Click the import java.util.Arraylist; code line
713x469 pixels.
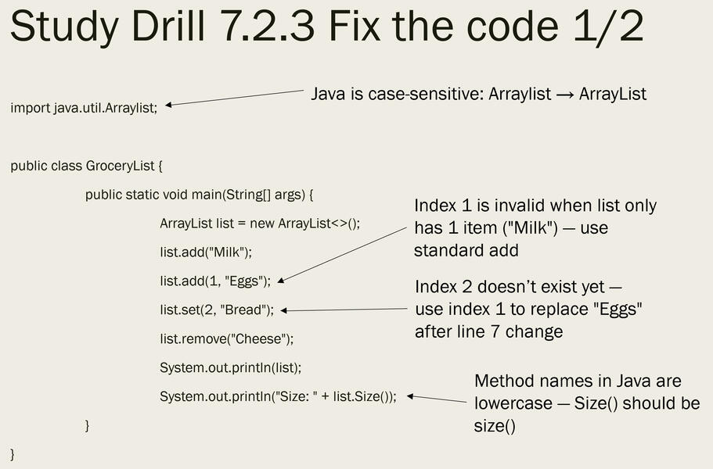coord(84,107)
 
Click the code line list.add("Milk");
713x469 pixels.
coord(206,252)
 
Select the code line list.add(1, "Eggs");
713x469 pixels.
coord(215,281)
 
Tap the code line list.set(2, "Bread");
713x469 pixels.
coord(217,310)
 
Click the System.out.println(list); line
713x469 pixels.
coord(230,367)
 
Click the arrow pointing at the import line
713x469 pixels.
coord(235,98)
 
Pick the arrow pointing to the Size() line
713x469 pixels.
coord(437,399)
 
